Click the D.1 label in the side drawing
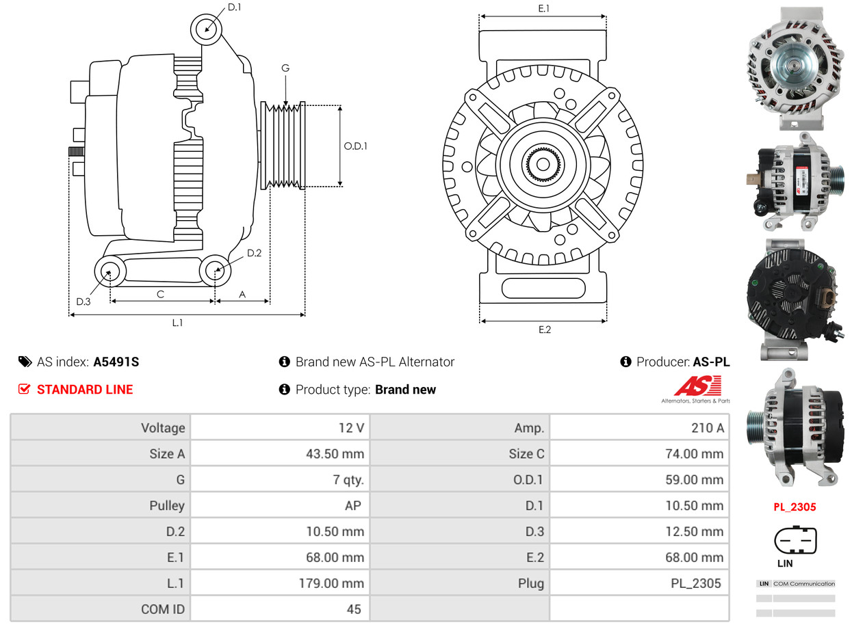pos(234,8)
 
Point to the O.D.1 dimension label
pos(355,146)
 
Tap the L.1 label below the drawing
pos(177,323)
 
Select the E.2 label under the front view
pos(544,330)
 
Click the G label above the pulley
pos(285,68)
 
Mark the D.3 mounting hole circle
pos(109,272)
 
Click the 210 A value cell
pos(639,428)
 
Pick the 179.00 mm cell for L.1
pos(281,583)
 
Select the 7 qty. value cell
pos(281,480)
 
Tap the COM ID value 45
pos(281,608)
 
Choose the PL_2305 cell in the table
pos(639,583)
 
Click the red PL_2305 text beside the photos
pos(795,507)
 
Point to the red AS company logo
pos(697,387)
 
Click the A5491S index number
pos(116,362)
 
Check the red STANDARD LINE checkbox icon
pos(25,390)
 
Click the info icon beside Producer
pos(625,362)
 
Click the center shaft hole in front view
pos(543,165)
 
